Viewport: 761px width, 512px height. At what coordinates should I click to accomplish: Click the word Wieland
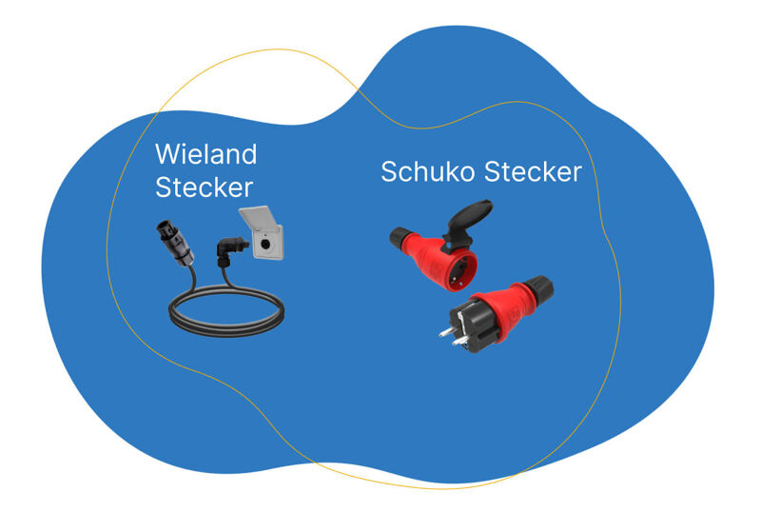point(206,154)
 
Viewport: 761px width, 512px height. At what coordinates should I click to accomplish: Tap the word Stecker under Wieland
point(205,187)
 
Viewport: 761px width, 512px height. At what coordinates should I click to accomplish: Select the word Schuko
point(428,172)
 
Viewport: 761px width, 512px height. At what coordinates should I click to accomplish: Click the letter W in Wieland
point(166,154)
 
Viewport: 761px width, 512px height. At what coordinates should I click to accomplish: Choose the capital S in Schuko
point(389,172)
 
